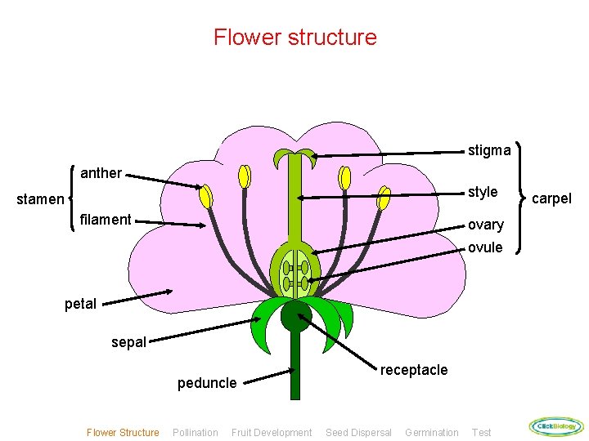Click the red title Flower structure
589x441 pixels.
294,38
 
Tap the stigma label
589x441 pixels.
488,150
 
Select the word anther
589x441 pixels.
101,173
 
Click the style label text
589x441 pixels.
482,192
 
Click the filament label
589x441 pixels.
106,220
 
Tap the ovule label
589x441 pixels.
484,247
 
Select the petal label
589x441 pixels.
80,305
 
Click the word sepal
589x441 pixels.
128,342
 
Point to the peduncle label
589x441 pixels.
207,383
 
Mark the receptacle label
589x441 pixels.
414,370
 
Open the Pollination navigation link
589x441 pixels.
195,432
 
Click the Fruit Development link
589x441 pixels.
272,432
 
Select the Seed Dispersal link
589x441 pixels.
358,432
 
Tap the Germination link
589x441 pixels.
431,432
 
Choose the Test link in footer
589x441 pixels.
481,432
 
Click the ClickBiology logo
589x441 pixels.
555,426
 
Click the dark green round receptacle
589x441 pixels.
294,316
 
